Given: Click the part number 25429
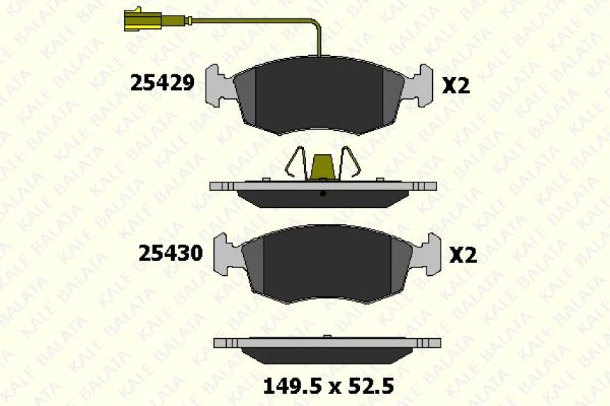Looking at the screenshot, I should [162, 83].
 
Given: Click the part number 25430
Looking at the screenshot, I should [171, 253].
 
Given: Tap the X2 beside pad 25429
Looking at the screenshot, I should [456, 86].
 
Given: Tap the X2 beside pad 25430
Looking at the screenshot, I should [463, 255].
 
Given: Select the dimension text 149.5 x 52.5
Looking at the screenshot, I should [328, 386].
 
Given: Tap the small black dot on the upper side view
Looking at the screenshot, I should [322, 193].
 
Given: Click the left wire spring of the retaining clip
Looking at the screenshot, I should [298, 163].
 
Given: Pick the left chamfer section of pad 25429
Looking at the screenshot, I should [244, 96].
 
